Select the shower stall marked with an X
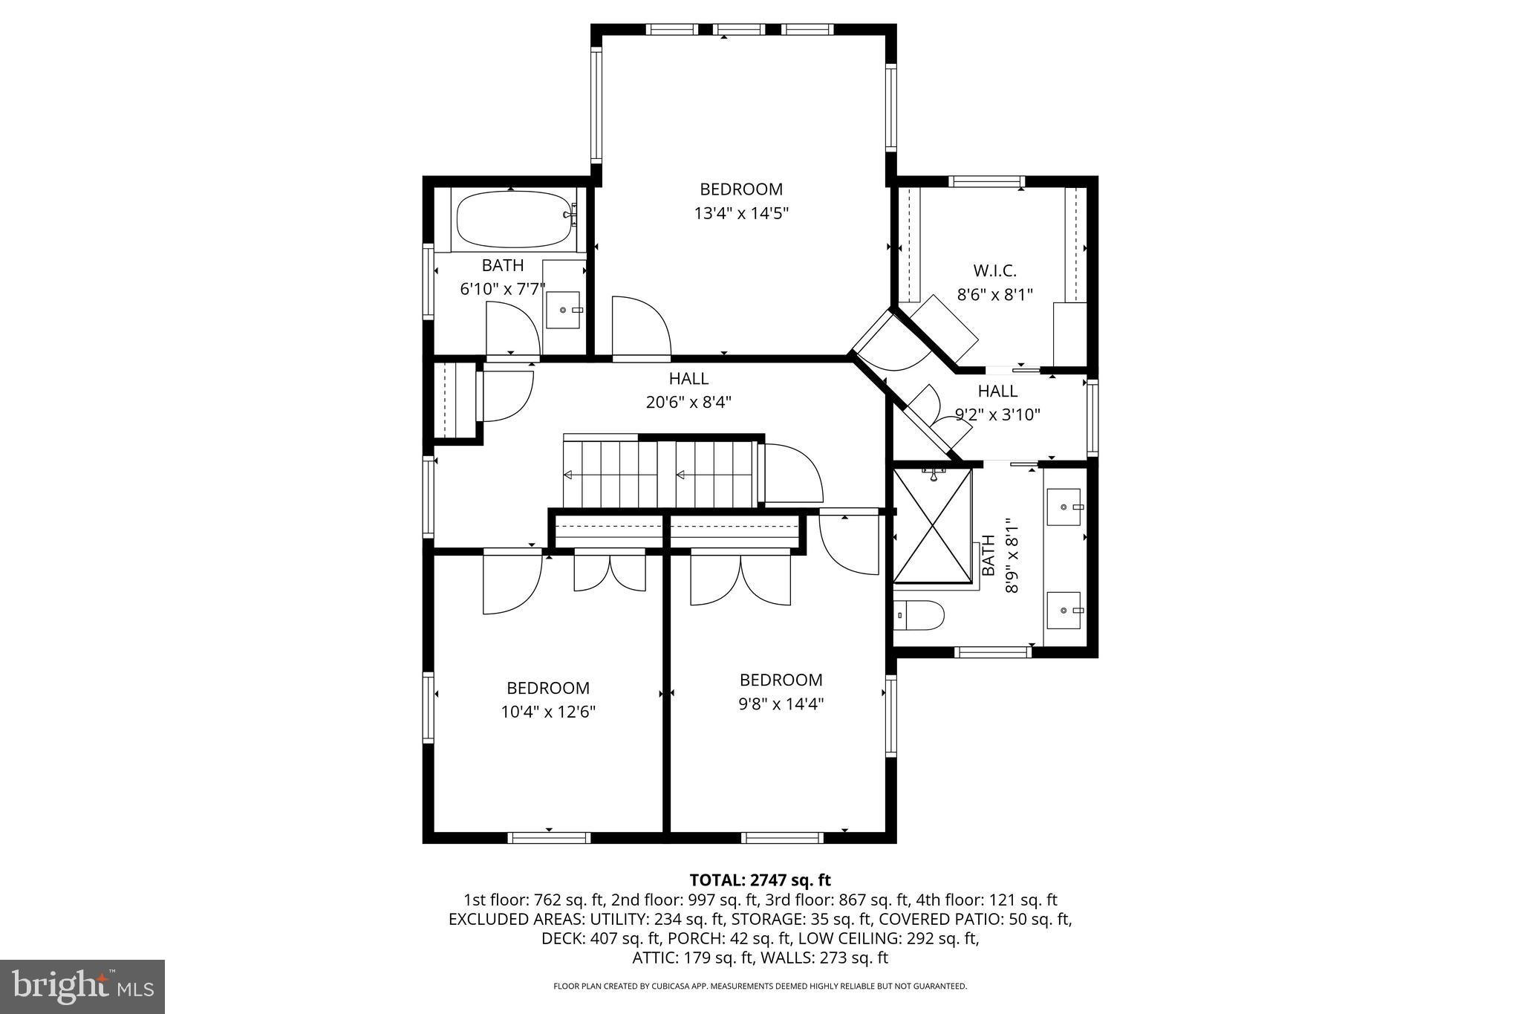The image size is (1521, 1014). coord(932,525)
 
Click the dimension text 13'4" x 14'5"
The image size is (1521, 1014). coord(740,214)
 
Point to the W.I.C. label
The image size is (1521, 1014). coord(994,270)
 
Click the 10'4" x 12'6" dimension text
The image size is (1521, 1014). coord(548,712)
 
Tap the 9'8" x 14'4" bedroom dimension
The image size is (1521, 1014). coord(781,703)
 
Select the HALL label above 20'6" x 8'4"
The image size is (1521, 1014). coord(688,379)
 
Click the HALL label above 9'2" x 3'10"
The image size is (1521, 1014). coord(997,391)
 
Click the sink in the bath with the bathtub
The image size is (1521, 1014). coord(564,310)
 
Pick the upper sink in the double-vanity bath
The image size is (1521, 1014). coord(1066,507)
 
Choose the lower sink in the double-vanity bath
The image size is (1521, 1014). coord(1066,611)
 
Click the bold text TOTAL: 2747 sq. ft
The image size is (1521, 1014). coord(760,880)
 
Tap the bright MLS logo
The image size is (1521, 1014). coord(82,987)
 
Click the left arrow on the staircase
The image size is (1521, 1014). coord(568,474)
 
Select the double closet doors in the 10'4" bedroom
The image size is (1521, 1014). coord(610,572)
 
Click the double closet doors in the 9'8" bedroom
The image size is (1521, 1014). coord(740,579)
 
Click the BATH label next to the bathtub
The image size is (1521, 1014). coord(503,265)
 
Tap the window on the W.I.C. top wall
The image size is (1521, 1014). coord(986,181)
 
